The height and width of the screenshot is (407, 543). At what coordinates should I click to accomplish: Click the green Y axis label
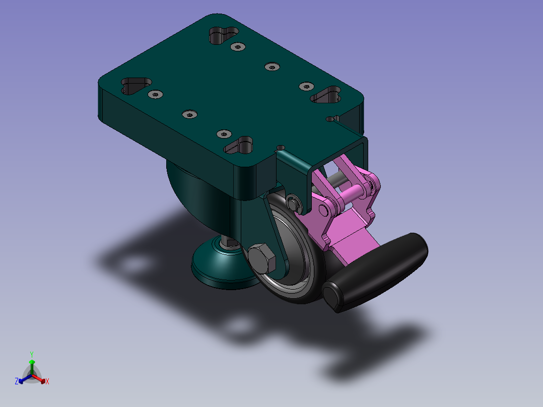[x=32, y=354]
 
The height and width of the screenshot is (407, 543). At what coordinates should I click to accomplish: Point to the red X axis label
[x=47, y=381]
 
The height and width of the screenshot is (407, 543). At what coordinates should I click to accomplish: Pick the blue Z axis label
[x=17, y=381]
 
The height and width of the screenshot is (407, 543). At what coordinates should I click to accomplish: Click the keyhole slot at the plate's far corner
[x=224, y=35]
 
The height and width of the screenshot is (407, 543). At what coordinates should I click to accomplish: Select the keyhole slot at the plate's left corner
[x=136, y=86]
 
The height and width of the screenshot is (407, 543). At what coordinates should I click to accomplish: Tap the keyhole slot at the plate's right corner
[x=326, y=95]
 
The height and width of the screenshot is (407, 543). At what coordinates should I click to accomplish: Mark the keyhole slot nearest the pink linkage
[x=238, y=145]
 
